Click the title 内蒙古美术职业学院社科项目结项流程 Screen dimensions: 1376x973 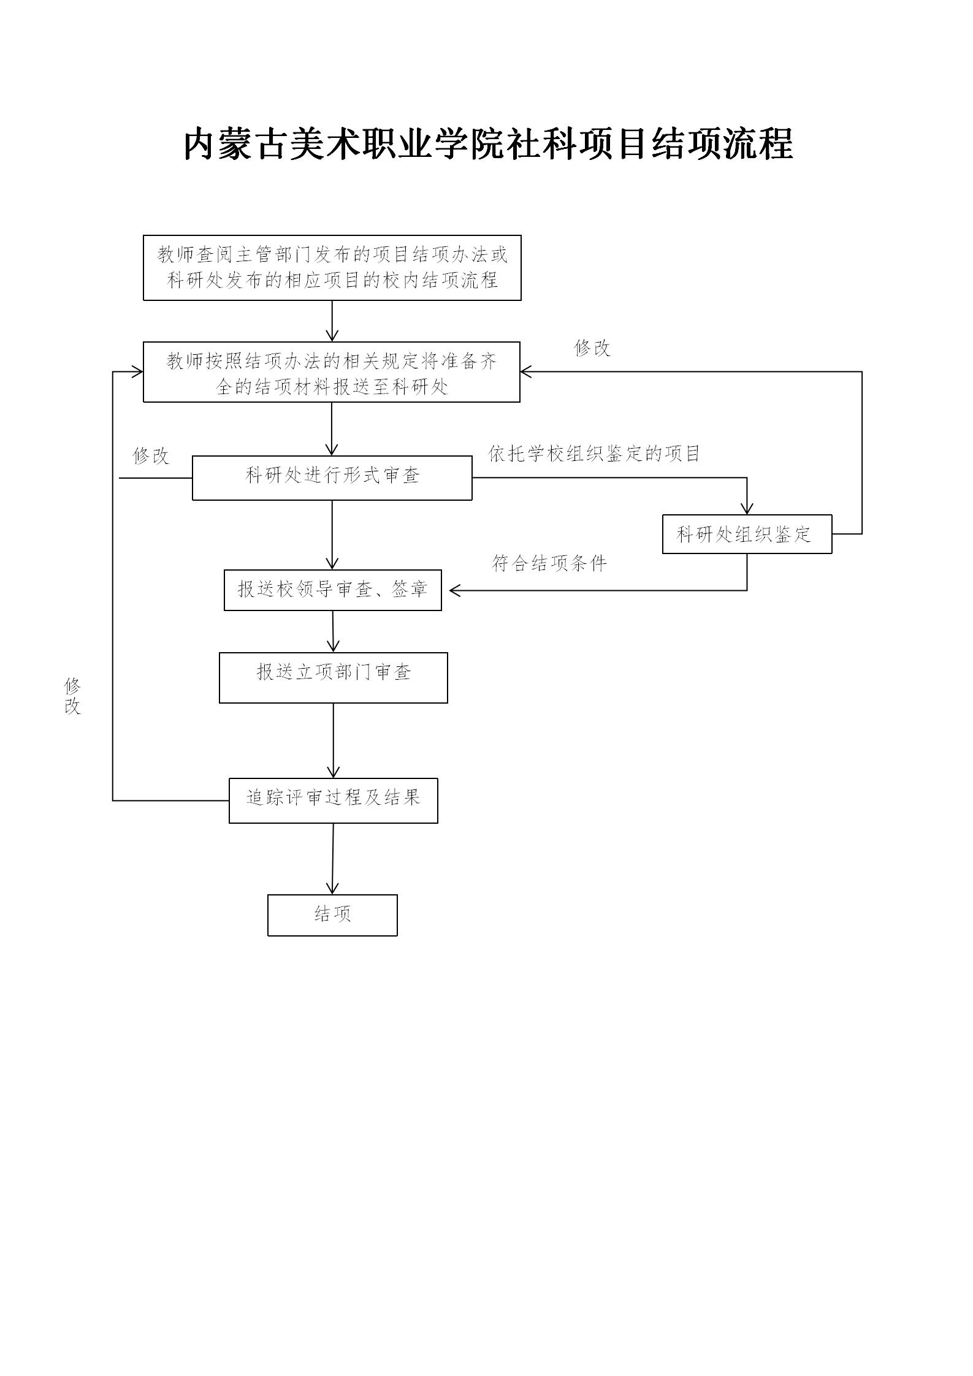(488, 145)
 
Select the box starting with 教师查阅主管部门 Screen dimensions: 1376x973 (332, 268)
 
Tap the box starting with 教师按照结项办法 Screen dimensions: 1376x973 (331, 372)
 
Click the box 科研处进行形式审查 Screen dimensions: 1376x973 (332, 477)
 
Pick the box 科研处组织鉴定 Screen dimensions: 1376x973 (746, 534)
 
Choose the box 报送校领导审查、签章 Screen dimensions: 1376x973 (332, 590)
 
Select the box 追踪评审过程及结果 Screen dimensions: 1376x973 (333, 800)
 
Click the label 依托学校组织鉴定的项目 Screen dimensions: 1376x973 (593, 454)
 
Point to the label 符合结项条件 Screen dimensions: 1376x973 (549, 563)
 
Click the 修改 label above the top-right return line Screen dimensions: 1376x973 (592, 348)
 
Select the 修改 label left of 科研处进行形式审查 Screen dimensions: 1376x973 (150, 455)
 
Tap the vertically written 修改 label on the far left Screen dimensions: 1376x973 (72, 696)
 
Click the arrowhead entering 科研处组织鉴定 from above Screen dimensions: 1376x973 (746, 509)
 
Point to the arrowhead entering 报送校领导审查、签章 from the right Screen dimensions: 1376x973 (455, 590)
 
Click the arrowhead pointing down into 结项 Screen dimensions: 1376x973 (332, 888)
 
